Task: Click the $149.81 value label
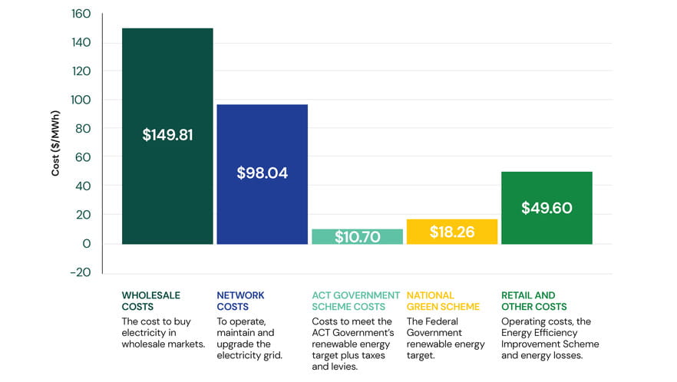point(167,135)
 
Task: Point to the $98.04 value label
point(262,173)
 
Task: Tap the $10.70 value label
point(357,237)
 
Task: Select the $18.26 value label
point(451,232)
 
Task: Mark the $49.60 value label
point(547,208)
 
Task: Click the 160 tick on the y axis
point(81,14)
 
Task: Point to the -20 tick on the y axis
point(80,272)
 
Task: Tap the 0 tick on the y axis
point(87,244)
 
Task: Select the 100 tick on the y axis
point(81,100)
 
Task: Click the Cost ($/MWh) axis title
point(56,143)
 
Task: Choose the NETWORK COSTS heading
point(240,301)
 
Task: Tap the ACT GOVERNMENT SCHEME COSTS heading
point(355,301)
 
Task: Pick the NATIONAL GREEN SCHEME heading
point(443,301)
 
